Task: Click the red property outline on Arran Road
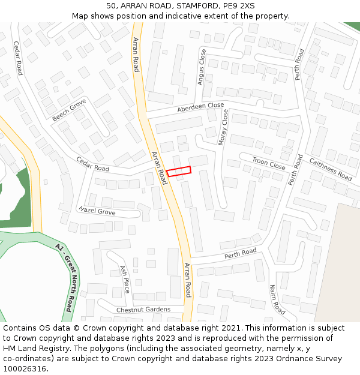(x=178, y=172)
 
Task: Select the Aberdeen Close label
(x=200, y=107)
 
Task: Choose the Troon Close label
(x=268, y=163)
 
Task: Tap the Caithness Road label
(x=330, y=169)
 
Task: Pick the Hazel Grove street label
(x=97, y=211)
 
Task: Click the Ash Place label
(x=125, y=279)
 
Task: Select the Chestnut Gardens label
(x=143, y=310)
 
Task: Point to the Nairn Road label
(x=277, y=299)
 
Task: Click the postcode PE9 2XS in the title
(x=238, y=6)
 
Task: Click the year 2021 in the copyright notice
(x=229, y=328)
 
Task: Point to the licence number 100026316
(x=26, y=369)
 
